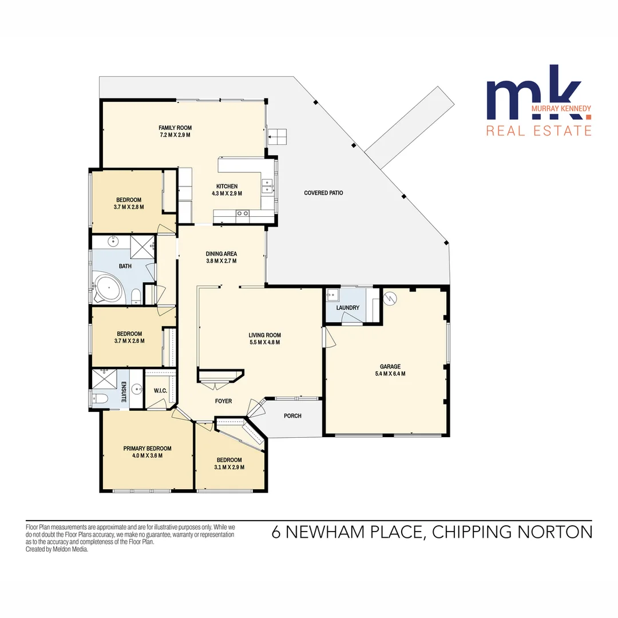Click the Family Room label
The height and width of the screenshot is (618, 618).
point(175,128)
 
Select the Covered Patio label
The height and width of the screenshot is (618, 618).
point(323,193)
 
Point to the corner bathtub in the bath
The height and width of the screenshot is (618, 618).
point(107,288)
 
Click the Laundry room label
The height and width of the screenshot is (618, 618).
point(348,308)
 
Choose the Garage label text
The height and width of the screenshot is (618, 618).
point(390,367)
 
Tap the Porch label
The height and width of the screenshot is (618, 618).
point(292,416)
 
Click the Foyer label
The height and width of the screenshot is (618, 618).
point(223,401)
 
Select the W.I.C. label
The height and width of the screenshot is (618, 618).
point(160,391)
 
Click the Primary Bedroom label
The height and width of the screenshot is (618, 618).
point(147,449)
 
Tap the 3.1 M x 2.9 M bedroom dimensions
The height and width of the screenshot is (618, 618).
point(229,468)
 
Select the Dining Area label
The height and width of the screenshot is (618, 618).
point(221,253)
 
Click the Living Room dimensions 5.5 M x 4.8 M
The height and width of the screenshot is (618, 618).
point(264,342)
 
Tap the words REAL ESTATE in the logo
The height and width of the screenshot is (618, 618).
point(538,130)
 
